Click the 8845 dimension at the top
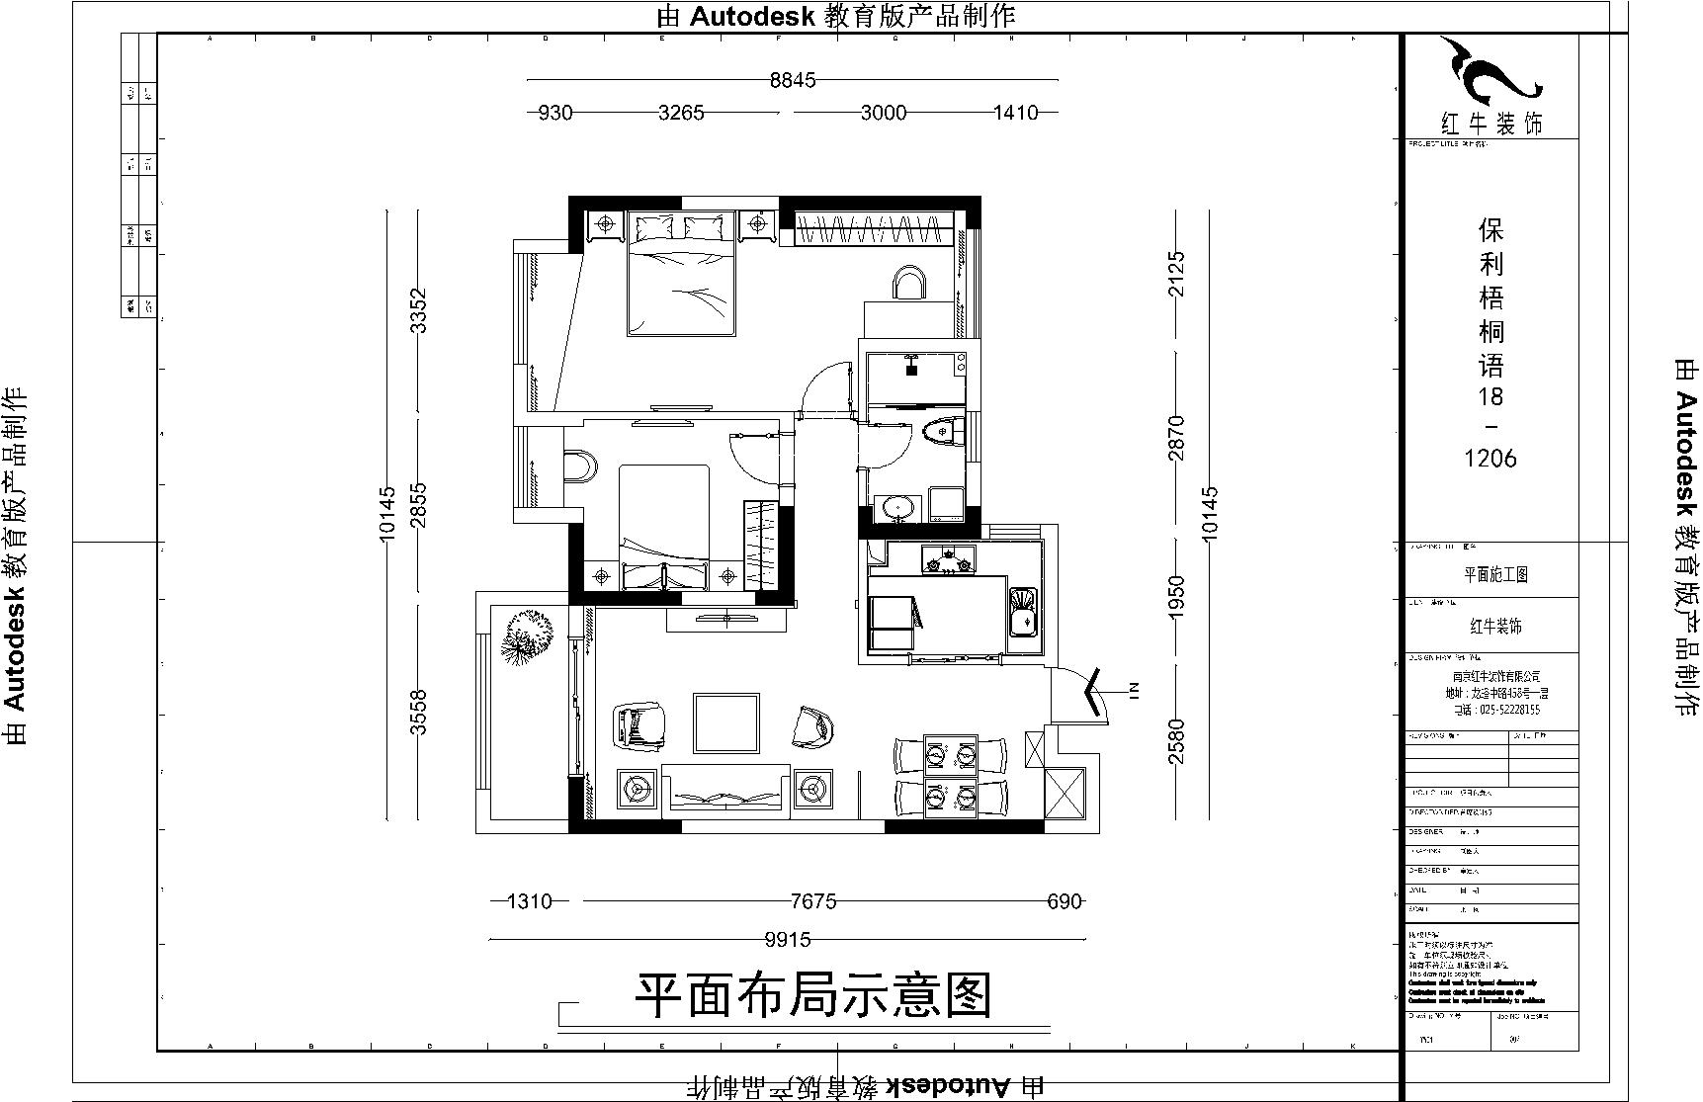pyautogui.click(x=793, y=80)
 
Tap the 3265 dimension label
pyautogui.click(x=681, y=113)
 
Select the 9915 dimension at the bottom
pyautogui.click(x=787, y=940)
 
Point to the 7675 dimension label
pyautogui.click(x=813, y=901)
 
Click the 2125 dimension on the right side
pyautogui.click(x=1176, y=274)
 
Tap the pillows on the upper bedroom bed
pyautogui.click(x=680, y=228)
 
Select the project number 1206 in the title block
pyautogui.click(x=1490, y=459)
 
